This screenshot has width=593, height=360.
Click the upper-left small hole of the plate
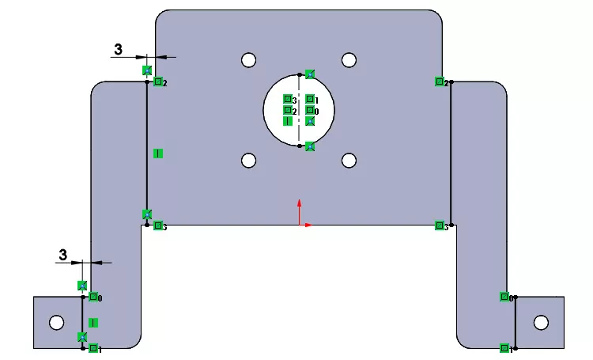point(249,60)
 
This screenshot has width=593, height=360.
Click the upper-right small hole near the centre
point(349,60)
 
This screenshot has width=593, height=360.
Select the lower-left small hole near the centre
point(249,161)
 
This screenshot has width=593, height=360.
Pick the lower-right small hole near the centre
point(349,161)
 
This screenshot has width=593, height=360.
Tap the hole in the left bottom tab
point(56,322)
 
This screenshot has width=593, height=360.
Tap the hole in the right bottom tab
point(541,322)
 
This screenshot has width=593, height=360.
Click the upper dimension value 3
point(118,49)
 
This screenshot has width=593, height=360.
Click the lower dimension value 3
point(63,255)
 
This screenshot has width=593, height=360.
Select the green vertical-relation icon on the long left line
point(157,153)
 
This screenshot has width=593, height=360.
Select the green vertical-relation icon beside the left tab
point(93,322)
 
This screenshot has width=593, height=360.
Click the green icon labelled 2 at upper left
point(158,81)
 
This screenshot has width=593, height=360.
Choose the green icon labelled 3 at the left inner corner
point(158,226)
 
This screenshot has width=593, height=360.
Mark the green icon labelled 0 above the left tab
point(93,297)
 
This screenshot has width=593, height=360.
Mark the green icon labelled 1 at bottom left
point(93,348)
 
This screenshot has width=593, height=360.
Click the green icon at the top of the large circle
point(310,74)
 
